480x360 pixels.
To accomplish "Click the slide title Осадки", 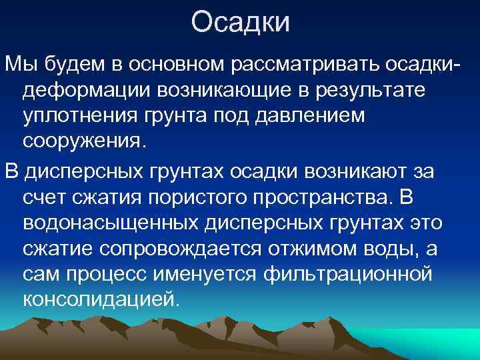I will point(240,22).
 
